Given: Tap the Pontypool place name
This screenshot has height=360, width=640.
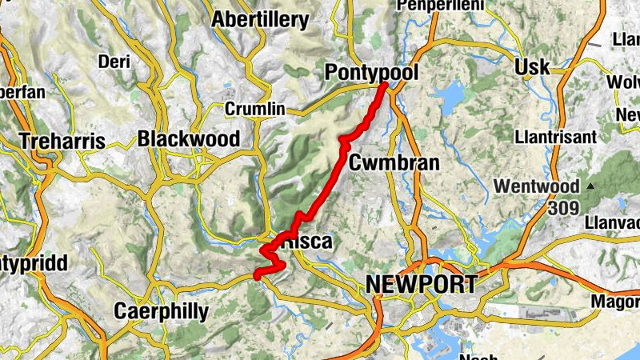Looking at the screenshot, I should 371,73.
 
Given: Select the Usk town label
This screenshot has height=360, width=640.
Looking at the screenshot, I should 533,66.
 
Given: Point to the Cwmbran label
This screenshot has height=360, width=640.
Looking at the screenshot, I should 394,163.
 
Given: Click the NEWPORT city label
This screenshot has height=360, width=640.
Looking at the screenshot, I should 421,284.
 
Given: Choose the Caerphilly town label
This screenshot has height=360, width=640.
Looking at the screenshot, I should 161,310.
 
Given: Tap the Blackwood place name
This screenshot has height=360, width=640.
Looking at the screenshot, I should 188,138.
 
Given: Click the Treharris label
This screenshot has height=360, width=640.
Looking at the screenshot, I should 62,141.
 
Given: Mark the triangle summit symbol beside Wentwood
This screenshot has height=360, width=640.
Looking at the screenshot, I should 590,186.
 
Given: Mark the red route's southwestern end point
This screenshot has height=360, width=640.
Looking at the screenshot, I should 257,276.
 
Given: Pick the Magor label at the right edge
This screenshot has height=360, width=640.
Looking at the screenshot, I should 617,301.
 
